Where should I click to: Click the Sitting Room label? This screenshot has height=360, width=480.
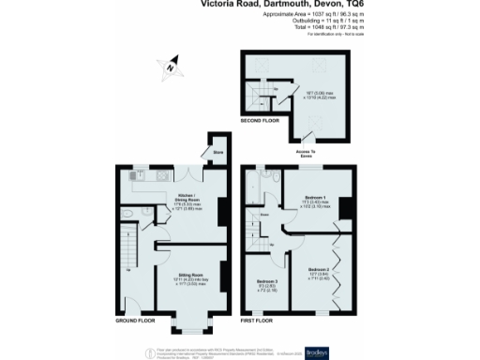[191, 277]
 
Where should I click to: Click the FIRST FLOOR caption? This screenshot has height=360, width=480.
[260, 322]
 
